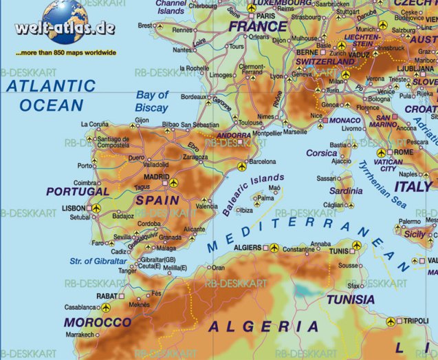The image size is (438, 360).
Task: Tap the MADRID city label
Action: [156, 176]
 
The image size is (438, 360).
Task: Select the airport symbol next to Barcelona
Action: [241, 167]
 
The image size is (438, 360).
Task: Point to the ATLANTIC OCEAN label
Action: [51, 96]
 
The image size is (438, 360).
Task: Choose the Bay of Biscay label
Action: [152, 101]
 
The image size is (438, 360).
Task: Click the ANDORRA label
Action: [234, 135]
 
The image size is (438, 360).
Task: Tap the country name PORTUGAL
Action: [78, 191]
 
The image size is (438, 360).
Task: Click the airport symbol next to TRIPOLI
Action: [391, 321]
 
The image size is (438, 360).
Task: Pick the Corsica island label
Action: [321, 153]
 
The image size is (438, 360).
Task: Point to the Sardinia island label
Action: [346, 191]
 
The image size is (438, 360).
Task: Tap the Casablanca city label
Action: [78, 307]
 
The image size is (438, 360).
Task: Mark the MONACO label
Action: [345, 120]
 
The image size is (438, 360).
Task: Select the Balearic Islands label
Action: [253, 195]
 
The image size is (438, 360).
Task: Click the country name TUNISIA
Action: [351, 299]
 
